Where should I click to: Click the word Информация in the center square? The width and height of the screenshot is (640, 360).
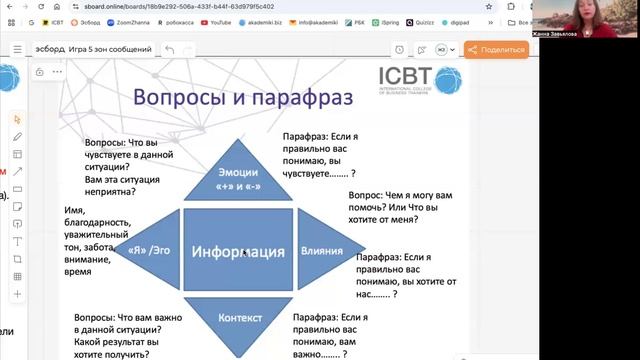click(238, 251)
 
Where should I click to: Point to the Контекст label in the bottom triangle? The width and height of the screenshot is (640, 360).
click(238, 317)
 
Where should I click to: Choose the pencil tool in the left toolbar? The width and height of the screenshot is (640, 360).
click(17, 136)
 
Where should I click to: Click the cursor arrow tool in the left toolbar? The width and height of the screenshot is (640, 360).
click(17, 119)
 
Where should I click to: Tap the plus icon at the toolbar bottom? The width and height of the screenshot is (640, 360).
click(17, 294)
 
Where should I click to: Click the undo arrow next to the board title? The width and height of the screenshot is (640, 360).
click(170, 50)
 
